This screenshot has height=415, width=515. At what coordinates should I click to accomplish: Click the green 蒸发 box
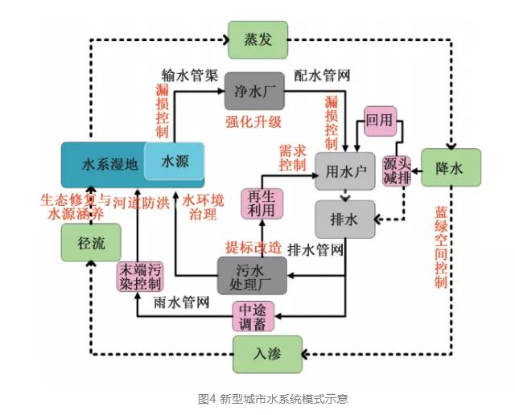tap(257, 39)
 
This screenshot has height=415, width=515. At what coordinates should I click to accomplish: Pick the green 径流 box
tap(92, 241)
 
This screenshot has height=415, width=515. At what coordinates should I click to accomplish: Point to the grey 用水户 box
tap(345, 170)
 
